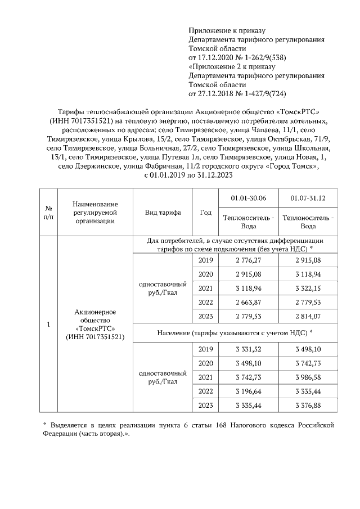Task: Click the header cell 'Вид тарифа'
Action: tap(163, 213)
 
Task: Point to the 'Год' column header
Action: tap(205, 213)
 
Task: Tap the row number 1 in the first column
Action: tap(48, 325)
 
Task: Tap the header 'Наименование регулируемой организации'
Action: tap(94, 212)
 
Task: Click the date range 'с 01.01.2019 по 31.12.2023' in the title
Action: tap(180, 175)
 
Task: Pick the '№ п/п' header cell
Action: tap(48, 213)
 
